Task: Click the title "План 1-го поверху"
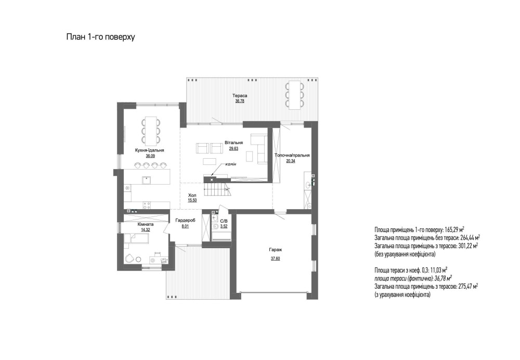coord(100,37)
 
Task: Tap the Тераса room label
coord(240,96)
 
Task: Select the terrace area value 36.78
coord(240,101)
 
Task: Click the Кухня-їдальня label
coord(150,150)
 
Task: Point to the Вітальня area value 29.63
coord(233,149)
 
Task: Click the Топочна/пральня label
coord(292,155)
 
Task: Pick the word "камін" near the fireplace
coord(231,164)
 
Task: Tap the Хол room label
coord(192,195)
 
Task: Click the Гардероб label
coord(186,220)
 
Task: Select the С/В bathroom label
coord(224,221)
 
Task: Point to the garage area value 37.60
coord(275,259)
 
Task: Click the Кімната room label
coord(145,224)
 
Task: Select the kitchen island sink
coord(146,180)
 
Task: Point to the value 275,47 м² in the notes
coord(467,286)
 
